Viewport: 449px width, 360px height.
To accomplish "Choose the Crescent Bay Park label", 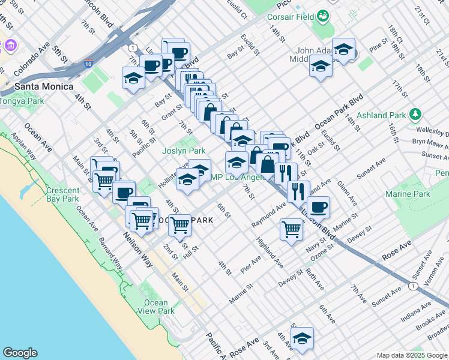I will click(62, 194).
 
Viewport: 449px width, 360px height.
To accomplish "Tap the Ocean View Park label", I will click(156, 307).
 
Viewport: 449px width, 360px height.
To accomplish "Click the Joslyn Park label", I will click(184, 151).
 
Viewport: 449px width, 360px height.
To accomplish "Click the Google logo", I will click(20, 352).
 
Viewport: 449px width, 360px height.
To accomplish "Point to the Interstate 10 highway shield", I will click(89, 63).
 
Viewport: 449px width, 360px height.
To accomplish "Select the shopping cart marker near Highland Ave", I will click(291, 229).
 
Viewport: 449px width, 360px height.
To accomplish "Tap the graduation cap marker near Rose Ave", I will click(303, 337).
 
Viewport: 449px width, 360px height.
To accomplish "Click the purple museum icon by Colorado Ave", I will click(10, 45).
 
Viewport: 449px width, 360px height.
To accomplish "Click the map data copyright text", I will click(411, 355).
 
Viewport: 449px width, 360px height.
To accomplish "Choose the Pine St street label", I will click(379, 46).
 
